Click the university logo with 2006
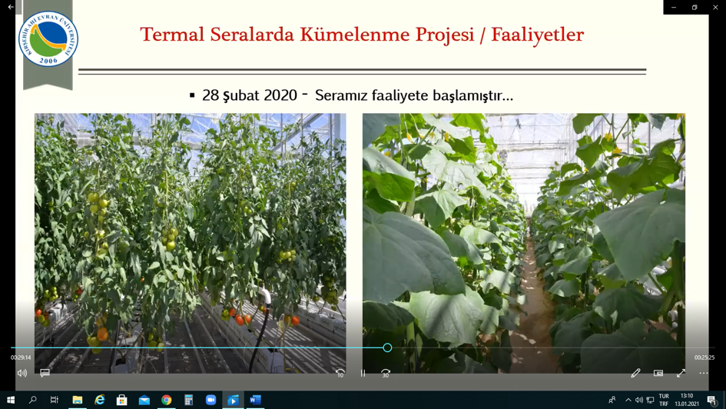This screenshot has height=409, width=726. (x=48, y=39)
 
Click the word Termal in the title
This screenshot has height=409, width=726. (x=172, y=35)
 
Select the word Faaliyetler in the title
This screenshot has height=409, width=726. (x=537, y=35)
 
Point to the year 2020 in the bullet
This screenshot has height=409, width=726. (x=280, y=95)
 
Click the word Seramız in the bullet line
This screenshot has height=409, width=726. (x=341, y=95)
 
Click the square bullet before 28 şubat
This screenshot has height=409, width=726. (x=192, y=95)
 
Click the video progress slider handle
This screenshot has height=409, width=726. (x=387, y=347)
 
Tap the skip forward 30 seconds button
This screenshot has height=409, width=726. (x=385, y=373)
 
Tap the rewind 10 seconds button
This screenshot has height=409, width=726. (x=340, y=373)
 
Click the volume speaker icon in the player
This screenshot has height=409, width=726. (x=22, y=373)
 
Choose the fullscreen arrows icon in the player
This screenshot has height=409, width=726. (x=681, y=373)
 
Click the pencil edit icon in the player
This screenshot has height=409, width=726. (x=635, y=373)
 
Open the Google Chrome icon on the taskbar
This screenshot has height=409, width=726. (x=166, y=400)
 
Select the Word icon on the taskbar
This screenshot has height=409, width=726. (x=255, y=400)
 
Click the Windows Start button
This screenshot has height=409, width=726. (x=10, y=400)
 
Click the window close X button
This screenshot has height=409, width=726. (x=715, y=7)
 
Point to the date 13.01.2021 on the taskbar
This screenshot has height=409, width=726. (x=687, y=404)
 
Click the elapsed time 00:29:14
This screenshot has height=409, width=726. (x=21, y=357)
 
